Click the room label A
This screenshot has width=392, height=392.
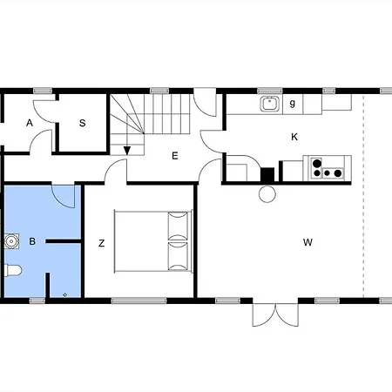(x=30, y=124)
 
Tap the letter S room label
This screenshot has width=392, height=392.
(x=83, y=124)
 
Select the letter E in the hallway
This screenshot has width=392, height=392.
(x=174, y=156)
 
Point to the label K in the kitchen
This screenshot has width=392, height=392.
(x=294, y=137)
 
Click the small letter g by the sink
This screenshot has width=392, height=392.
(x=293, y=104)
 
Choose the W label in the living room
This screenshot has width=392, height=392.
(x=308, y=241)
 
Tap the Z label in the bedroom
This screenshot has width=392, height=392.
(x=101, y=244)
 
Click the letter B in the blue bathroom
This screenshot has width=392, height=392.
(x=31, y=240)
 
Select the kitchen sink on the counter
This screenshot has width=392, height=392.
(x=269, y=104)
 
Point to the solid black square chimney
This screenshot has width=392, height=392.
(x=267, y=173)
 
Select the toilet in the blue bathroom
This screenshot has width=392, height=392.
(x=12, y=271)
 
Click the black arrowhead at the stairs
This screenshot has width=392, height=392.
(x=127, y=150)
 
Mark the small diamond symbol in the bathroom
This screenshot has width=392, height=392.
(x=66, y=294)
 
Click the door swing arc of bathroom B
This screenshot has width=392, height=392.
(x=61, y=195)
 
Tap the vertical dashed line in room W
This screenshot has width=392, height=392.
(x=362, y=200)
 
